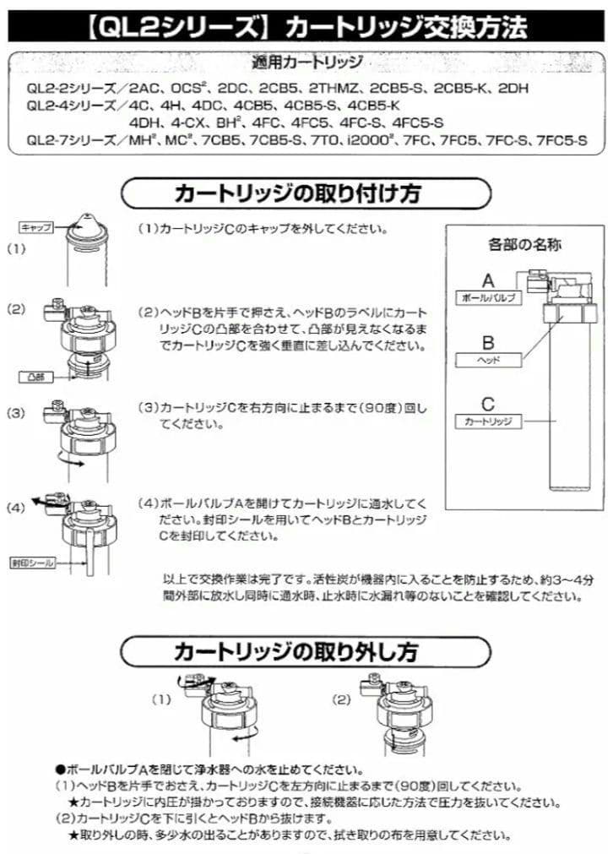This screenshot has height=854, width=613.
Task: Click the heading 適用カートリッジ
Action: coord(307,63)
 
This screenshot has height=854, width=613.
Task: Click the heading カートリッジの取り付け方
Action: coord(296,193)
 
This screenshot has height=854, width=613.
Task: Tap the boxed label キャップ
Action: coord(36,228)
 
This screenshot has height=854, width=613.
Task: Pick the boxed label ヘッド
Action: coord(489,360)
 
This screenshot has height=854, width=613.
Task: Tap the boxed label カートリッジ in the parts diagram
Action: coord(489,420)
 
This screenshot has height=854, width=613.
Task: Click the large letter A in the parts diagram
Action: coord(488,280)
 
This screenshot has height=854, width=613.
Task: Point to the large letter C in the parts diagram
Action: coord(488,403)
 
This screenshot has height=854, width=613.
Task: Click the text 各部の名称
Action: coord(524,245)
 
